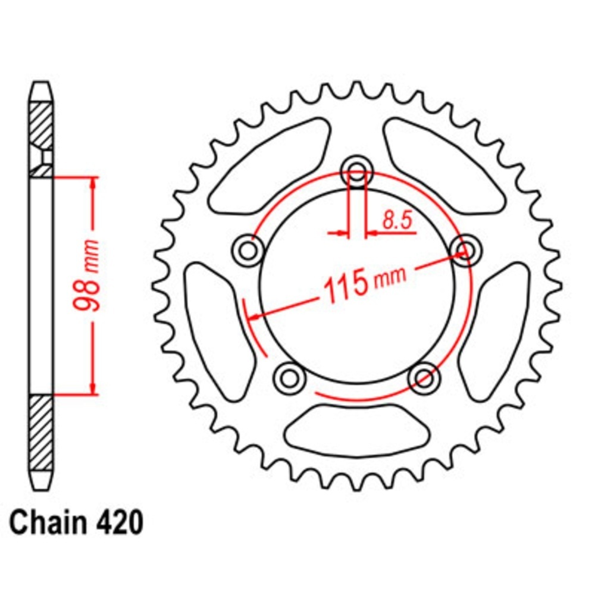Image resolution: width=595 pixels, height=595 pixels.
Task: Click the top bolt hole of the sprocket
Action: coord(357,173)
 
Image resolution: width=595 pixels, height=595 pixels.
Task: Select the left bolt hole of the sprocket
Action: coord(248,251)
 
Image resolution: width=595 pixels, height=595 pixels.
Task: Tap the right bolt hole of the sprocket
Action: coord(466,250)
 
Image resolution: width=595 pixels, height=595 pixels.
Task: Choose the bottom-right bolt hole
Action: coord(424,378)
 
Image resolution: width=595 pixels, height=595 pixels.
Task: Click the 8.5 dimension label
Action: coord(397,221)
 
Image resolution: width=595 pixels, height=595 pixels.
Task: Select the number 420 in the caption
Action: coord(118,524)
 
